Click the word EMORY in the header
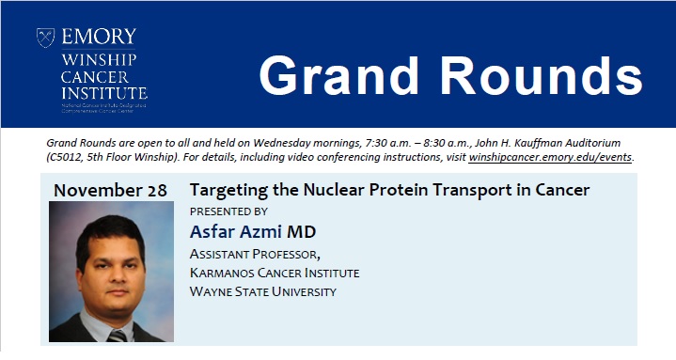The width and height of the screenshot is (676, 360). pyautogui.click(x=99, y=38)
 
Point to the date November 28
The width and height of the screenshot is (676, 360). pyautogui.click(x=110, y=191)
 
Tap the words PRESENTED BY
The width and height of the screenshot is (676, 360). pyautogui.click(x=228, y=211)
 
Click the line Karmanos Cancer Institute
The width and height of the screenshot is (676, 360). pyautogui.click(x=275, y=273)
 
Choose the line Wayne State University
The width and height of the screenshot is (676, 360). pyautogui.click(x=262, y=291)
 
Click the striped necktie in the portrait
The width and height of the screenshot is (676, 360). pyautogui.click(x=117, y=335)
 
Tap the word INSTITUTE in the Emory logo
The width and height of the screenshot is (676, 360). pyautogui.click(x=103, y=95)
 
